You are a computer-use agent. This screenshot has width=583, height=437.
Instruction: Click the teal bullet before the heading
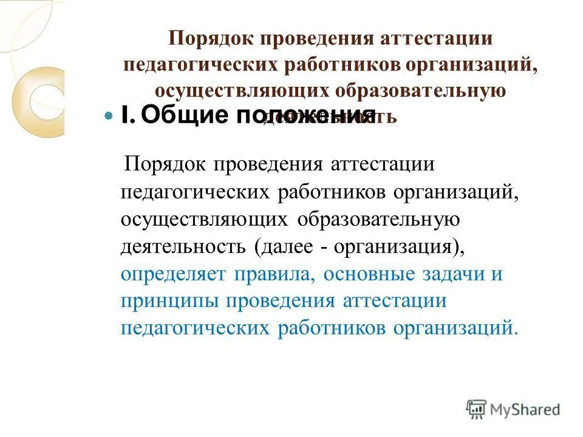109,115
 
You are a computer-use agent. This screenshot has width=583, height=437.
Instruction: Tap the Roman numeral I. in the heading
127,115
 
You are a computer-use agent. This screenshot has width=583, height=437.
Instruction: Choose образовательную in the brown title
420,90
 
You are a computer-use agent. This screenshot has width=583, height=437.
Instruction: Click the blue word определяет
173,274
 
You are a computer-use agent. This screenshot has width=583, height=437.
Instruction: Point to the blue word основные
367,274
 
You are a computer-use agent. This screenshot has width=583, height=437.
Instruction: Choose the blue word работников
333,328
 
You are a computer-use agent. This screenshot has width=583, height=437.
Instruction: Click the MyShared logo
513,408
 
